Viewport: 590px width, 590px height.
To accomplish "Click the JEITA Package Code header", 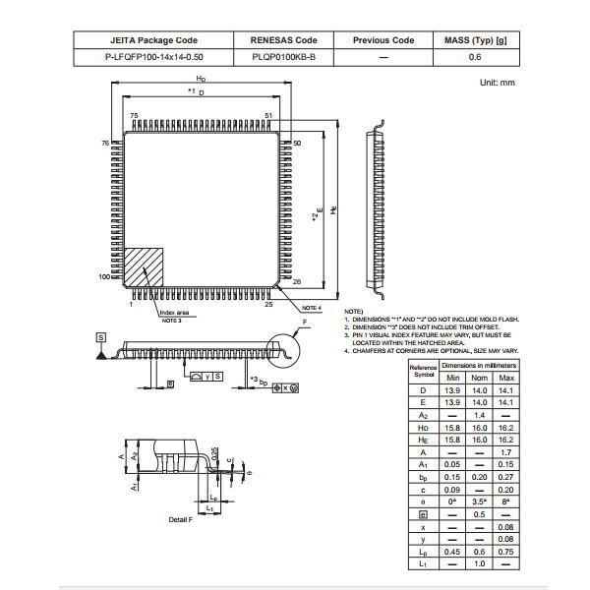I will point(153,40).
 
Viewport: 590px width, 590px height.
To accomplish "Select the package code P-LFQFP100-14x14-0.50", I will point(153,58).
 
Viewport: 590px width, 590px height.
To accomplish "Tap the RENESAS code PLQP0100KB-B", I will point(284,58).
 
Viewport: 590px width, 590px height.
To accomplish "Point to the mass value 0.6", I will point(475,58).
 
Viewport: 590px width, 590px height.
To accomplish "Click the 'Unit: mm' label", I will point(497,83).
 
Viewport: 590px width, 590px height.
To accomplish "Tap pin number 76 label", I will point(104,144).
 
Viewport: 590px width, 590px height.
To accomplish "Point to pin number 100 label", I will point(105,277).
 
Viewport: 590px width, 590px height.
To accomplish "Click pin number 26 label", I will point(297,281).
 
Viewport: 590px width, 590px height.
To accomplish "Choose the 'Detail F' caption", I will point(180,518).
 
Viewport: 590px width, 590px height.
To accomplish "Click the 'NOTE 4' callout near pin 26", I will point(312,308).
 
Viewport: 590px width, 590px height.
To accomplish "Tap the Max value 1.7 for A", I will point(505,451).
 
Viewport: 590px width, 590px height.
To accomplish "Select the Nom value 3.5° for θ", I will point(479,501).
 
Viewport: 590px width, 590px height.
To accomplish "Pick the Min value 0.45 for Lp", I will point(452,552).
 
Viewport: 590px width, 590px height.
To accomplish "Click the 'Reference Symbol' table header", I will point(423,371).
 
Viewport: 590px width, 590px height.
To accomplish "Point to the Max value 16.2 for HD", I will point(505,427).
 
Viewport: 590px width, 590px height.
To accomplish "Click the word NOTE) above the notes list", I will point(353,311).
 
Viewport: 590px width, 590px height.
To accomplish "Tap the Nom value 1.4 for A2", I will point(479,415).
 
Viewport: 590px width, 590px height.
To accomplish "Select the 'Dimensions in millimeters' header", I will point(479,365).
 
